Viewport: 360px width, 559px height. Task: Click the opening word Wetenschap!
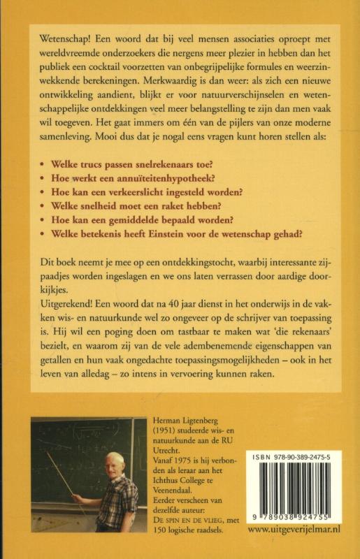coord(59,35)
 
